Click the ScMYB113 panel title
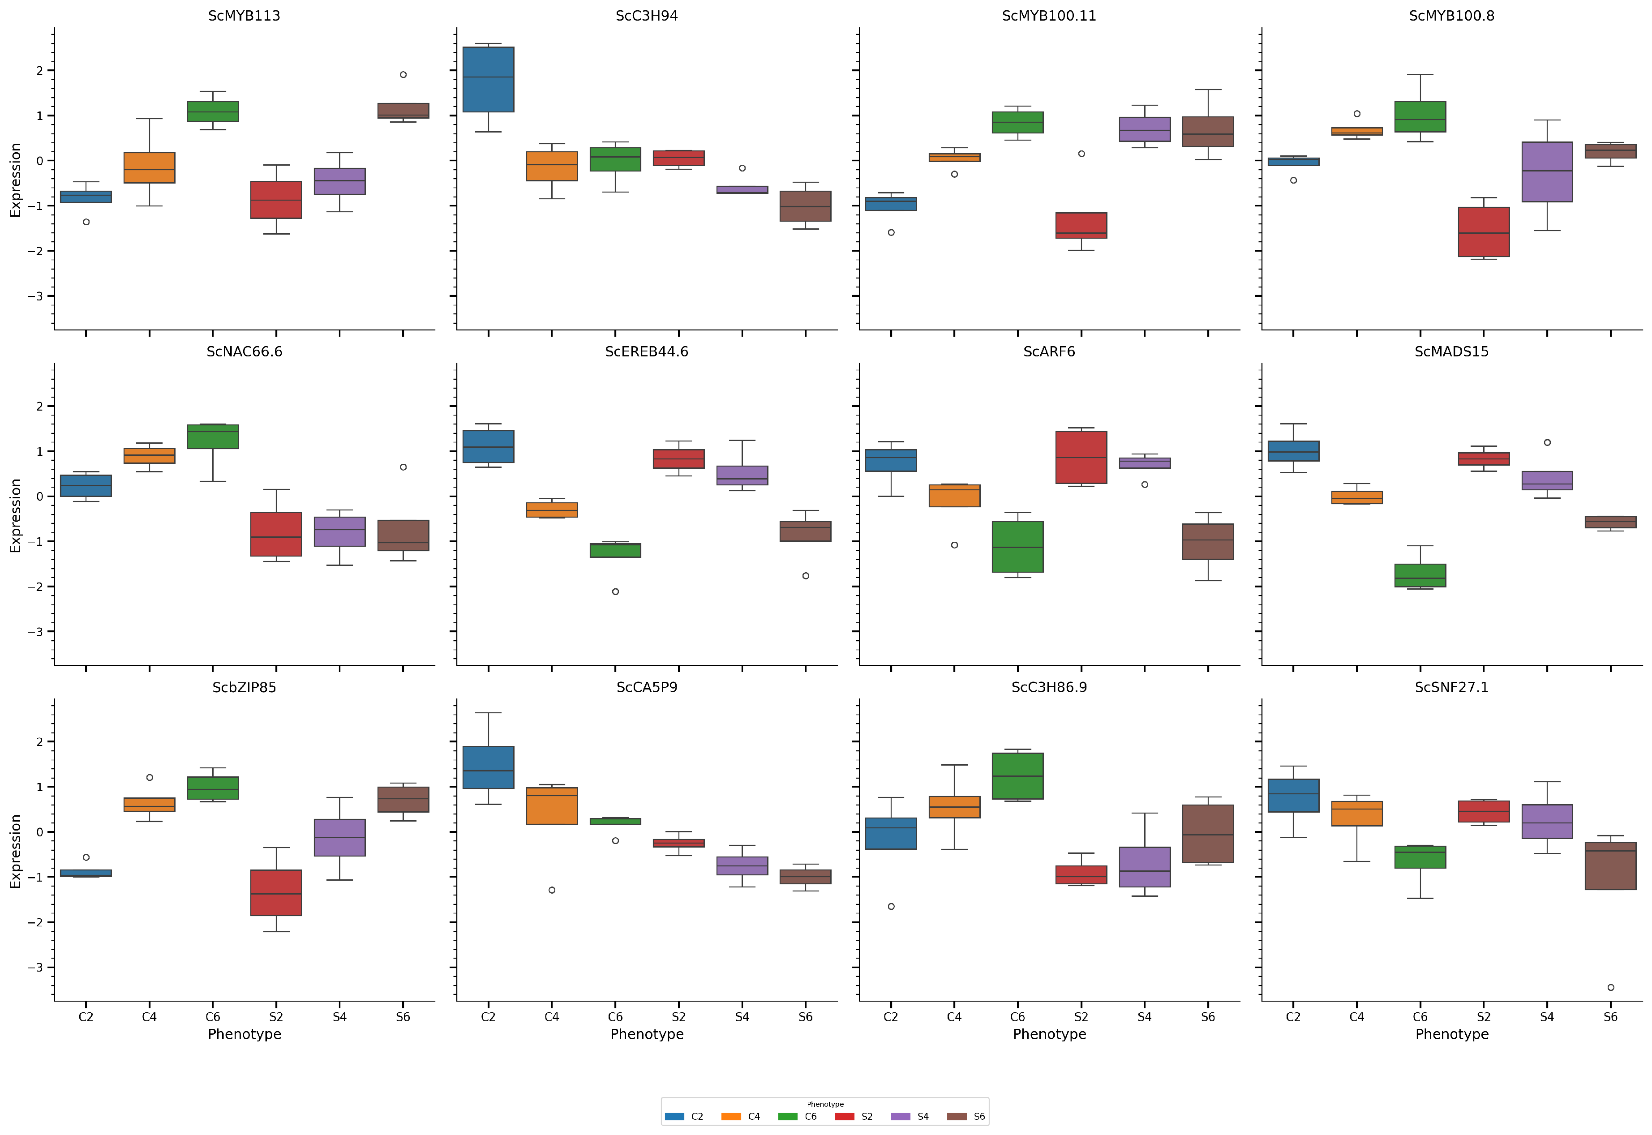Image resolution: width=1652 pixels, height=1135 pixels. point(244,16)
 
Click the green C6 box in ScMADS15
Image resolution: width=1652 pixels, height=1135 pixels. point(1420,575)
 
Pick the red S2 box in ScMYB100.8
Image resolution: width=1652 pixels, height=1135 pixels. point(1484,232)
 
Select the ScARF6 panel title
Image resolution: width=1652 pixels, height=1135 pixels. point(1048,351)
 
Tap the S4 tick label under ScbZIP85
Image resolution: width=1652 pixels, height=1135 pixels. point(339,1017)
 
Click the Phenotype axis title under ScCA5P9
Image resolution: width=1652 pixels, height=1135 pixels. point(647,1034)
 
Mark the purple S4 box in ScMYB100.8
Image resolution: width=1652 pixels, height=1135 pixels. point(1547,172)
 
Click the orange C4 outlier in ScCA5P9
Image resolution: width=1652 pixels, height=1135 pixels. point(552,891)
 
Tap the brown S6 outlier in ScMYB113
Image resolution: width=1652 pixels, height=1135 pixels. point(403,75)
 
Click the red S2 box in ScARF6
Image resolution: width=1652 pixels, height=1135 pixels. point(1081,457)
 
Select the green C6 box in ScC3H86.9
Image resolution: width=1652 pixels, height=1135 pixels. point(1017,776)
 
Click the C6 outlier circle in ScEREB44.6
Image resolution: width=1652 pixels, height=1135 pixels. point(615,592)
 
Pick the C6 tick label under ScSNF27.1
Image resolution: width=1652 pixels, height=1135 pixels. point(1420,1017)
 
